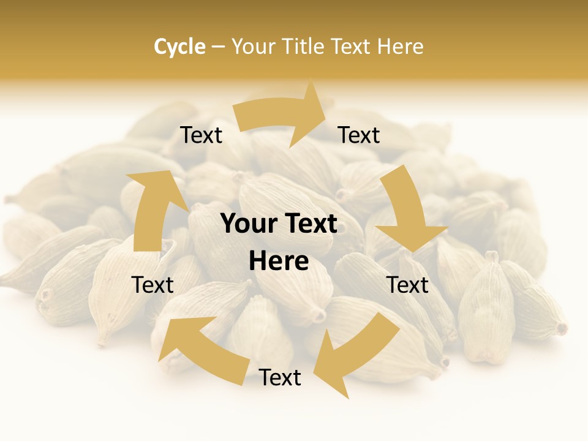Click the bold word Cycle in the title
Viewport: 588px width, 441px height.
179,47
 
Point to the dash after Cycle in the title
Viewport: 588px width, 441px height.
219,47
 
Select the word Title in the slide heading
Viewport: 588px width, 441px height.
304,47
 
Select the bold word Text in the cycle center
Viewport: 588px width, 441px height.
309,224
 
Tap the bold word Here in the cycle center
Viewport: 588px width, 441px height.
279,262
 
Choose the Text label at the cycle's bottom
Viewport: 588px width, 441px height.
280,377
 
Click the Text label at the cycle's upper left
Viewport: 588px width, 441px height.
202,135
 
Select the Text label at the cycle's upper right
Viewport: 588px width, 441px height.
359,135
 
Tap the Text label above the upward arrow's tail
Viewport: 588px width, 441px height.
153,285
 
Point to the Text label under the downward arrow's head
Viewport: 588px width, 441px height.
408,285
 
